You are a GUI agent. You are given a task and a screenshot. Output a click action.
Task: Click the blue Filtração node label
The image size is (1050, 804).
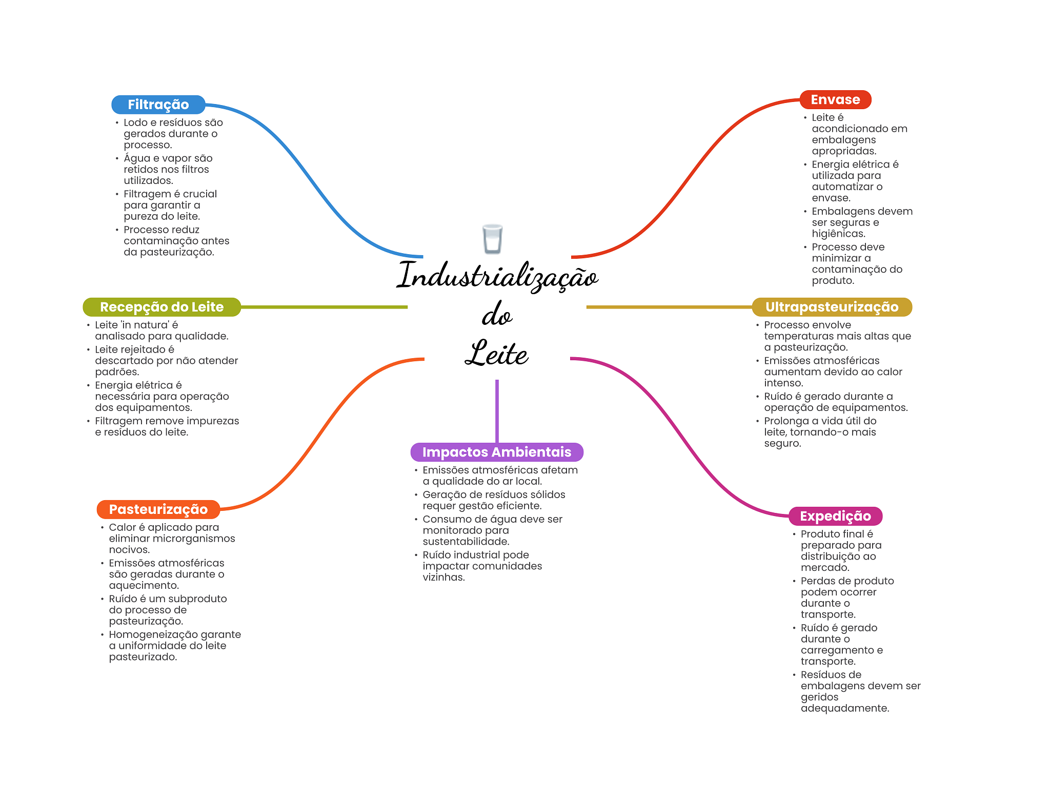coord(158,105)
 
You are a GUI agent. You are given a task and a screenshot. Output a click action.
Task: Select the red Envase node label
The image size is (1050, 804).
coord(835,99)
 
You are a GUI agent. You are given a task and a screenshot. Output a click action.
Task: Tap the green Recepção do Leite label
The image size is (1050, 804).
coord(161,307)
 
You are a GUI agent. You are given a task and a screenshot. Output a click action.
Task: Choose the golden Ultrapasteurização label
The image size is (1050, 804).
coord(831,307)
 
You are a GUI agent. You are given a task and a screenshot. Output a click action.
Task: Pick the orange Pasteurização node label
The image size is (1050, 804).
coord(158,509)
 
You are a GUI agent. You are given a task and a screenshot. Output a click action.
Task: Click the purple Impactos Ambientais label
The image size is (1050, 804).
coord(496,452)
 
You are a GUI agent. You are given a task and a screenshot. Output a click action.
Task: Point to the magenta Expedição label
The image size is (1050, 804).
coord(835,516)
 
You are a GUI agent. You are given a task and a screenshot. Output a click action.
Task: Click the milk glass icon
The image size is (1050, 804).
coord(492,239)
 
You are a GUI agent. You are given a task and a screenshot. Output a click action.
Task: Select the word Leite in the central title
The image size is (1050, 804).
coord(496,354)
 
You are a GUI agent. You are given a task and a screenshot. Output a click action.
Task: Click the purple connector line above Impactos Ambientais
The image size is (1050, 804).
coord(497,410)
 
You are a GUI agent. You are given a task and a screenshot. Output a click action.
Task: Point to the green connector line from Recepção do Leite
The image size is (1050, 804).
coord(323,307)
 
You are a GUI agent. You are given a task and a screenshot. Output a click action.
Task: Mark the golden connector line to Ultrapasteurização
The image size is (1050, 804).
coord(667,307)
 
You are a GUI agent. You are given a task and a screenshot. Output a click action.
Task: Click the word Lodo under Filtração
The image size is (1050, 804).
coord(135,122)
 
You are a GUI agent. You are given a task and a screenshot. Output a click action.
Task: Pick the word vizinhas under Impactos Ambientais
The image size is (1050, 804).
coord(443,577)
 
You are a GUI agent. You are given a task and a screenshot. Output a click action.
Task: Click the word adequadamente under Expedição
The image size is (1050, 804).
coord(844,708)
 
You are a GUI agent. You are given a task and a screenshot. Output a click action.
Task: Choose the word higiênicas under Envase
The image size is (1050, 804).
coord(838,234)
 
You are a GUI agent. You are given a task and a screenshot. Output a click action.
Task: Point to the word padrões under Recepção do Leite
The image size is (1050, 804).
coord(117,372)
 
